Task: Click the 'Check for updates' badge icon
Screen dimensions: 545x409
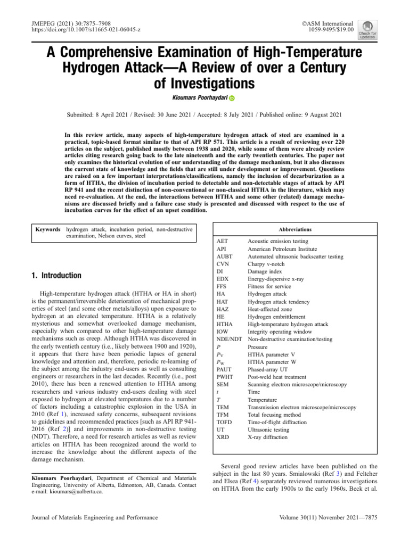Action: coord(367,30)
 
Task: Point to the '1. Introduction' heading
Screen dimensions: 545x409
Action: coord(56,275)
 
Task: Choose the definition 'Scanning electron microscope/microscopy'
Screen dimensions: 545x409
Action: coord(297,384)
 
